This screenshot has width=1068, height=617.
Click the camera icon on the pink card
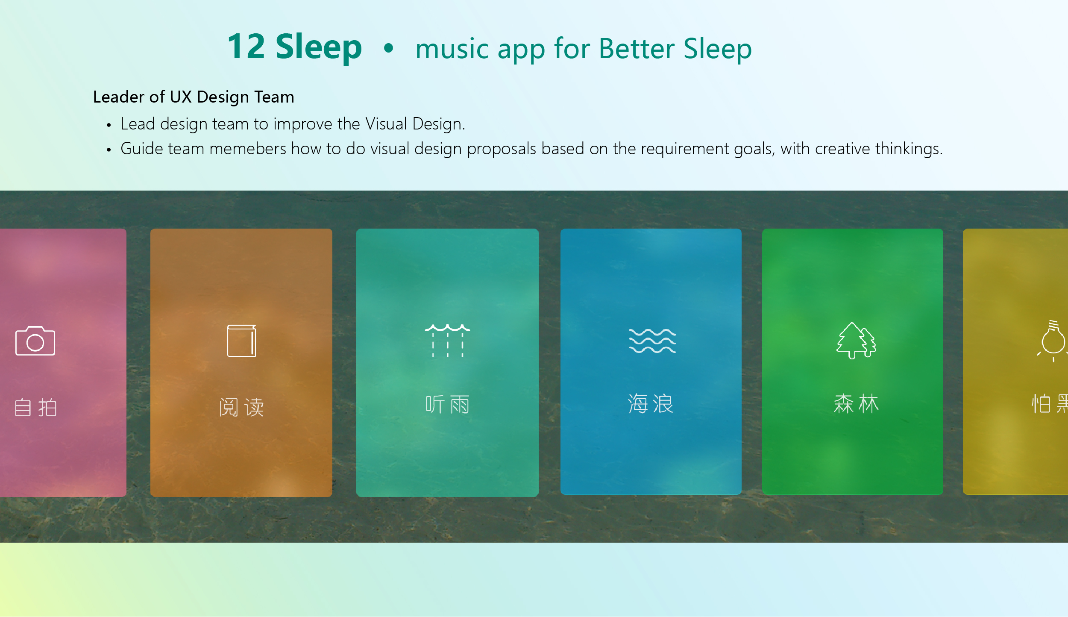35,341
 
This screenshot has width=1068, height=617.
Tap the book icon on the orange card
242,341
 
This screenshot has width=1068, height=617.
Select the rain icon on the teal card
447,341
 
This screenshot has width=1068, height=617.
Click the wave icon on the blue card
652,341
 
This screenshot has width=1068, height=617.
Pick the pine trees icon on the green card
856,341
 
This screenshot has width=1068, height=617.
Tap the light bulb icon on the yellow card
1053,341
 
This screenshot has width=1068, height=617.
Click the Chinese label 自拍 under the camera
35,407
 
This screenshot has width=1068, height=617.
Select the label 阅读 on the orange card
241,407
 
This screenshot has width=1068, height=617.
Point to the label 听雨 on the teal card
447,404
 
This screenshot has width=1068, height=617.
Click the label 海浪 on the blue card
651,403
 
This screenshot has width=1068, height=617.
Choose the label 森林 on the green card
856,403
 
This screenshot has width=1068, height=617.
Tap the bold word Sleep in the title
319,49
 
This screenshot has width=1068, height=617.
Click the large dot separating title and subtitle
388,48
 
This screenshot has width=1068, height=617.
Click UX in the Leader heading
181,97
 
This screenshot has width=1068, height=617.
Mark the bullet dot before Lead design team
109,125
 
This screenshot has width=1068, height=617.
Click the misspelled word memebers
248,149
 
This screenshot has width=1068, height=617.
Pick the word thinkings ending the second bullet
909,149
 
